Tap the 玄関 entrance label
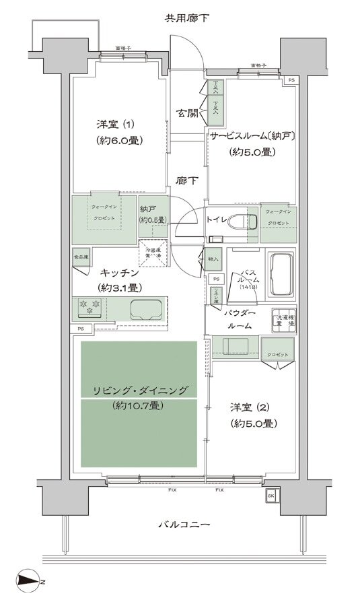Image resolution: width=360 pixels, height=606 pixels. click(x=187, y=113)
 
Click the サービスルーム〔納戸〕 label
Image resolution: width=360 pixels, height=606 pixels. click(x=252, y=135)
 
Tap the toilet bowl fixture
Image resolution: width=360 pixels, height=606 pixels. click(x=238, y=222)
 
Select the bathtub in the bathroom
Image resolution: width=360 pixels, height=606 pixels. click(x=281, y=273)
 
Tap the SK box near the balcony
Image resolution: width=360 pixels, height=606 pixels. click(x=271, y=496)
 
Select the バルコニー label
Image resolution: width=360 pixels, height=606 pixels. click(x=185, y=524)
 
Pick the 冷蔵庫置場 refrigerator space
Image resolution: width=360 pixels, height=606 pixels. click(x=153, y=252)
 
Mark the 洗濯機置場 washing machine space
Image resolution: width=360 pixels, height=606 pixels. click(x=283, y=321)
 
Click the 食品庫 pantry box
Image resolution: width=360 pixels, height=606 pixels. click(x=81, y=257)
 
